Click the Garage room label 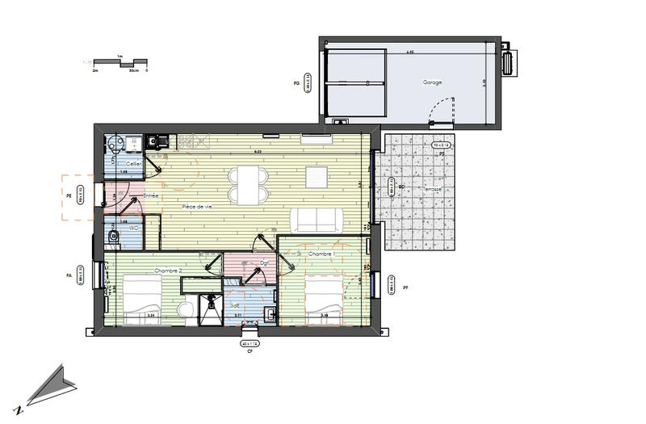tap(434, 82)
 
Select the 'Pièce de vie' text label tap(197, 208)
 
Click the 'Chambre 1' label tap(321, 254)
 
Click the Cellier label tap(134, 164)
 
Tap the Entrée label tap(150, 196)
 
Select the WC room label tap(134, 229)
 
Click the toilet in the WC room tap(114, 236)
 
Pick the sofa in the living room tap(315, 220)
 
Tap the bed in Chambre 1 tap(322, 300)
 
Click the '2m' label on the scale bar tap(94, 71)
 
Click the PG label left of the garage tap(296, 82)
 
